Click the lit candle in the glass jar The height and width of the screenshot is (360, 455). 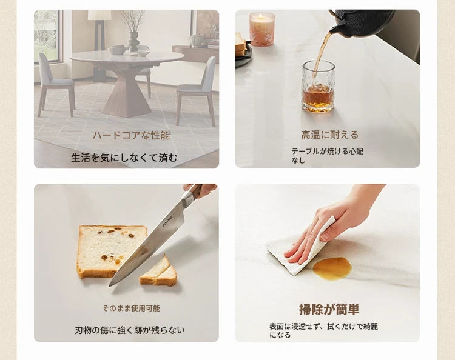tap(261, 29)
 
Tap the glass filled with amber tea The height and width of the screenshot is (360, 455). tap(318, 87)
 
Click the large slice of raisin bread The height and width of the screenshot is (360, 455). tap(109, 251)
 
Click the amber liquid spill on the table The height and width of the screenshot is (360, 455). tap(332, 268)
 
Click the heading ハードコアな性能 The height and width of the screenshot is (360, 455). tap(131, 135)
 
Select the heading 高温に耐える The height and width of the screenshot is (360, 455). tap(329, 135)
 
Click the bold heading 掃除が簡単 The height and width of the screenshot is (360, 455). tap(329, 309)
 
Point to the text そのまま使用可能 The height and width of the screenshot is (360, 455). tap(131, 308)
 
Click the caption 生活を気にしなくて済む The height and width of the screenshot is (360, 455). tap(124, 158)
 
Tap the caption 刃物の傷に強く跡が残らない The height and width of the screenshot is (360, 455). tap(130, 330)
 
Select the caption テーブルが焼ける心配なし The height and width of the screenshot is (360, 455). tap(327, 156)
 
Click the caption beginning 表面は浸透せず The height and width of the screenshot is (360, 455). tap(323, 331)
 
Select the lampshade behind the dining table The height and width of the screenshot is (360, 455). tap(99, 15)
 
